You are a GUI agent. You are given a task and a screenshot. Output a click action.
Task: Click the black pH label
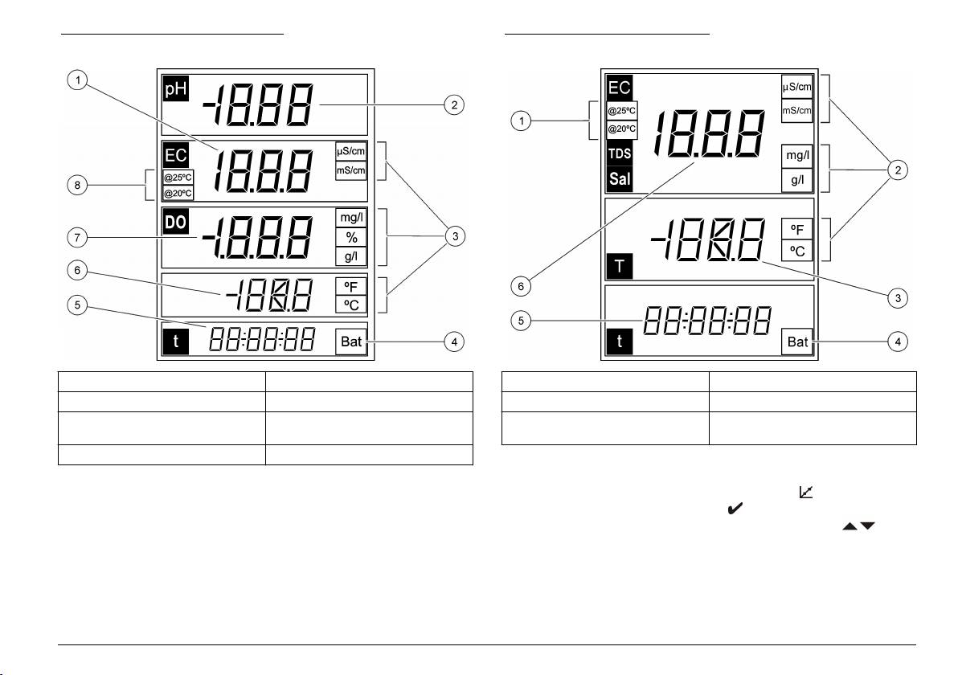174,88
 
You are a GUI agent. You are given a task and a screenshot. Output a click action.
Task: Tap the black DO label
175,222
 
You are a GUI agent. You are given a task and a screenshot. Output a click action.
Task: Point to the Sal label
620,179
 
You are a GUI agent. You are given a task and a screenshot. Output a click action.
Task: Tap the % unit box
351,238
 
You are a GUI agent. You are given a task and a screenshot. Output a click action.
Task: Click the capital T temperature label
620,264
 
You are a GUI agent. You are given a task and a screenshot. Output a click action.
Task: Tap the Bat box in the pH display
351,342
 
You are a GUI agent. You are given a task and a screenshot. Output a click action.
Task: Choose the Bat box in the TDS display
797,342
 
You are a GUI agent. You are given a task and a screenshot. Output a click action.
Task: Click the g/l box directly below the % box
351,256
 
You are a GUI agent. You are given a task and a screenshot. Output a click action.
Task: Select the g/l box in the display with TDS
797,180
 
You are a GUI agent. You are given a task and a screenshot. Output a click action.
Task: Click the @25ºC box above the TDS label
621,110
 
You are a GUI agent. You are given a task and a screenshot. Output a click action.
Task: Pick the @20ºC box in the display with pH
178,193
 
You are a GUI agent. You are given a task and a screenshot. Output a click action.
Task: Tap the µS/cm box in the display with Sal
797,85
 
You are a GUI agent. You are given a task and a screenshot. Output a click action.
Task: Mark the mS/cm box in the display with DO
351,170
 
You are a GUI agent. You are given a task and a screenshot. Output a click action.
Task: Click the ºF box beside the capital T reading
797,228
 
